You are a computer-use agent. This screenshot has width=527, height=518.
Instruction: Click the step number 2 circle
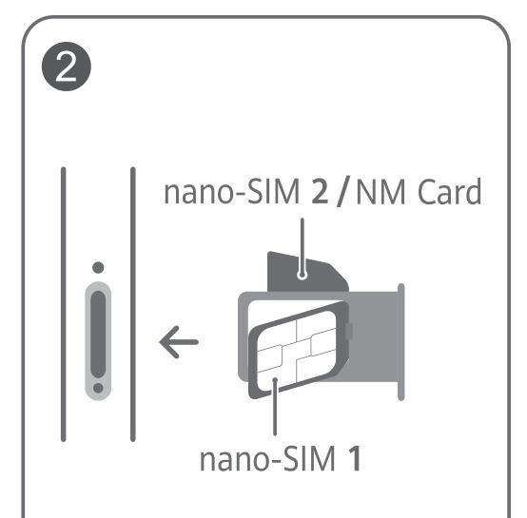click(x=67, y=67)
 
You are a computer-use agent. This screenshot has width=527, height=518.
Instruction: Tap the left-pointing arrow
click(x=179, y=342)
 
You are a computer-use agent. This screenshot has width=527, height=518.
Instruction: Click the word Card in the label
click(x=450, y=191)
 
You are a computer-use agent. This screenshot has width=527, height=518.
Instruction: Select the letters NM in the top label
click(x=381, y=192)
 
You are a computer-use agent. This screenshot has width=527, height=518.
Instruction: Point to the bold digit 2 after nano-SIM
click(x=320, y=192)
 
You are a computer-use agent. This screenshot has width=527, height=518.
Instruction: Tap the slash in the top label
click(x=342, y=191)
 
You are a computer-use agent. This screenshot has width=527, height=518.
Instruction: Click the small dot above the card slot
click(x=98, y=268)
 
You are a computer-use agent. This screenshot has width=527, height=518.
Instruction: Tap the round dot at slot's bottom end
click(x=98, y=388)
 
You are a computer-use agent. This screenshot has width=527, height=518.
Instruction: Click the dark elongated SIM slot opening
click(x=98, y=334)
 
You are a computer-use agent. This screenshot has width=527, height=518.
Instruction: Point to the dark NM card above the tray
click(x=307, y=272)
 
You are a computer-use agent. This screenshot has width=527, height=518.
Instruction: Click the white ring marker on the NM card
click(x=303, y=276)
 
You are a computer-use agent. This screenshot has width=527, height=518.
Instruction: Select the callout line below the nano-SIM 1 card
click(x=275, y=407)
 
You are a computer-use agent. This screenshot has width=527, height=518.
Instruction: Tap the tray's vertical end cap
click(x=401, y=342)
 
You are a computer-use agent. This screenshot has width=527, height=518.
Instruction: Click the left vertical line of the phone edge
click(x=64, y=304)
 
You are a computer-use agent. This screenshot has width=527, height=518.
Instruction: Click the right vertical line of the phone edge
click(x=133, y=304)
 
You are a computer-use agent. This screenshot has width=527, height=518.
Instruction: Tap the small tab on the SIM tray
click(x=350, y=332)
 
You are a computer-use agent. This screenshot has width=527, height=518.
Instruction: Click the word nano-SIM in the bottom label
click(x=267, y=459)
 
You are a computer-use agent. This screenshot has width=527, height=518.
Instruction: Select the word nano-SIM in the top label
click(x=231, y=192)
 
